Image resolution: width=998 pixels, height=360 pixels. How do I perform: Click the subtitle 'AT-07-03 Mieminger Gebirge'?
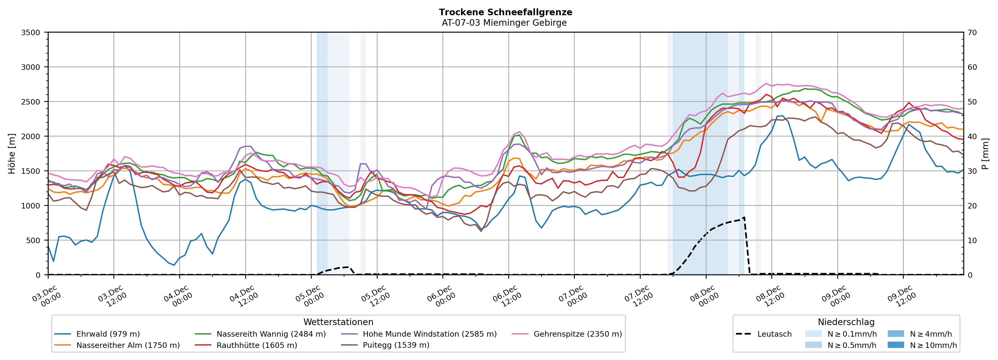pos(504,23)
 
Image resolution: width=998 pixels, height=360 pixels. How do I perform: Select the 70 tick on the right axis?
pos(972,33)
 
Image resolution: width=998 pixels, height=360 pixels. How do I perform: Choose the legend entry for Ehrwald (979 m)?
pos(108,334)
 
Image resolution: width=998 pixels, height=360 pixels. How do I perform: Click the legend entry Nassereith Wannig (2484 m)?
pos(271,334)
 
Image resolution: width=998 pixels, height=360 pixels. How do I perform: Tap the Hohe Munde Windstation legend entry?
pos(429,334)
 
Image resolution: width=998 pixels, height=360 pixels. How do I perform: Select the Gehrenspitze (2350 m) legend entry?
pos(577,334)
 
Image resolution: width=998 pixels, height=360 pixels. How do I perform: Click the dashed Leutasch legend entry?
pos(774,334)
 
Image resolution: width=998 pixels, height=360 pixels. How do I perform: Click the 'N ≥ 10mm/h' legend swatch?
pos(895,345)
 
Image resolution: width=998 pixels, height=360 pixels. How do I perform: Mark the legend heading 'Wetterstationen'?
pos(338,322)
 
